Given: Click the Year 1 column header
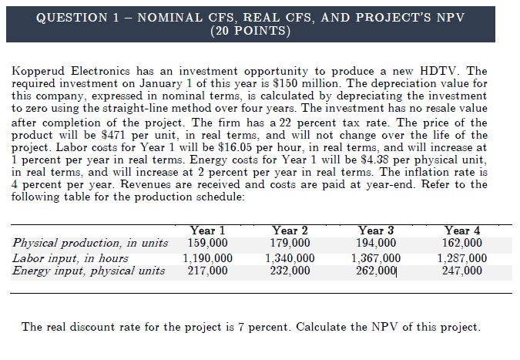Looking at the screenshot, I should (206, 230).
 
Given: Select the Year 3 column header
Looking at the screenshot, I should (375, 230).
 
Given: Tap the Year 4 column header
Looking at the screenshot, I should (462, 230).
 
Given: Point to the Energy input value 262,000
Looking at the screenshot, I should (375, 271).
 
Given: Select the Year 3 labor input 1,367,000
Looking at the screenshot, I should (375, 257).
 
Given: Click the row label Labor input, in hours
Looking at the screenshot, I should (71, 257).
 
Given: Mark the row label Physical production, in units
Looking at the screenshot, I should (90, 244).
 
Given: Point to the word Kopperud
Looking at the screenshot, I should (37, 71).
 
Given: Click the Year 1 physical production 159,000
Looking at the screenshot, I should (206, 244).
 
